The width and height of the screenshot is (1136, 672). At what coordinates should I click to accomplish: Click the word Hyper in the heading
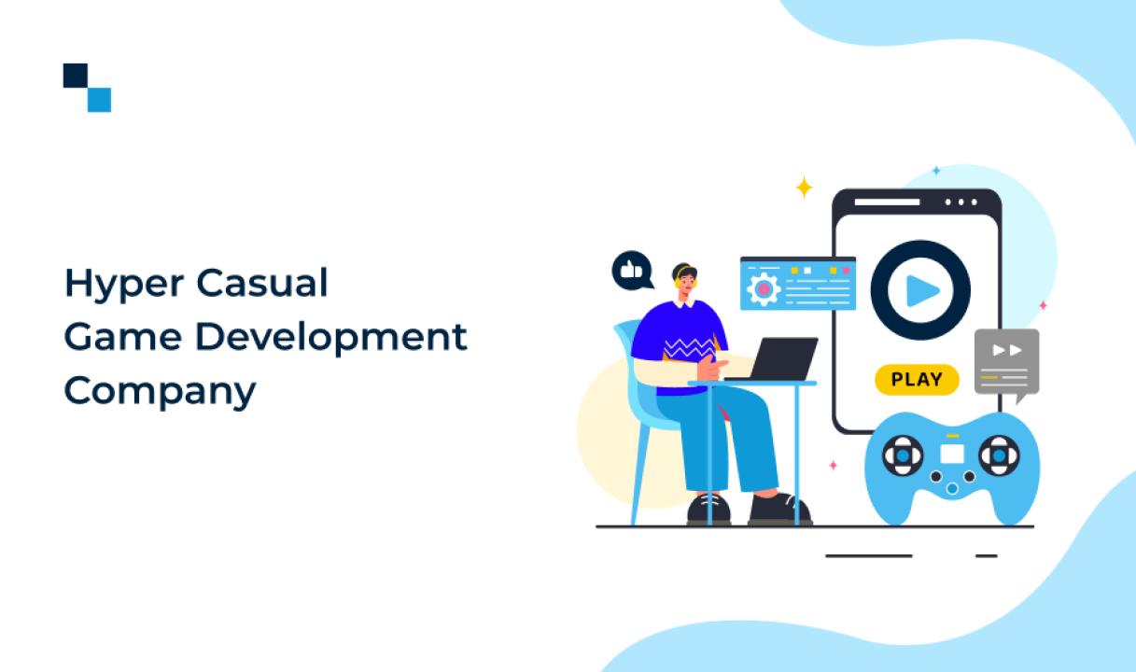point(124,285)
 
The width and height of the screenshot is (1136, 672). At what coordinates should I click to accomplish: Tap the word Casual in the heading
point(262,283)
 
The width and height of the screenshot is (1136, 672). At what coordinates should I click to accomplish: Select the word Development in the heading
point(331,336)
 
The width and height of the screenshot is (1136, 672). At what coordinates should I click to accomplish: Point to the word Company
point(161,392)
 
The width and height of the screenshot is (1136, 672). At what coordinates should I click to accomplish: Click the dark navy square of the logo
point(75,75)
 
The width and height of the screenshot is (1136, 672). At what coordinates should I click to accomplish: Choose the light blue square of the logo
point(99,100)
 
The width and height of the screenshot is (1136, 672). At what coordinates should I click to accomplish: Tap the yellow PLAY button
point(917,379)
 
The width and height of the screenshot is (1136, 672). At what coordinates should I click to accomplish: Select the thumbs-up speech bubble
point(632,271)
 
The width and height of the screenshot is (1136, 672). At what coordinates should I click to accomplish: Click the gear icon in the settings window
point(764,289)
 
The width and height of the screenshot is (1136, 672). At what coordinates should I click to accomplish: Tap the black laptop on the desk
point(776,359)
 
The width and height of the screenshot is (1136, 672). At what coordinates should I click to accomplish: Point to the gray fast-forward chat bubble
point(1006,364)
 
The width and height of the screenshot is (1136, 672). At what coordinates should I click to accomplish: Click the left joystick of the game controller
point(903,455)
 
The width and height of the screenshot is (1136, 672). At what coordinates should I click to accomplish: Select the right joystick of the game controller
point(999,455)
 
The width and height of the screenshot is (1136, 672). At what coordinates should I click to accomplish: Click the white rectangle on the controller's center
point(952,454)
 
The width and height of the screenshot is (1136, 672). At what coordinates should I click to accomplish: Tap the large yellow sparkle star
point(804,188)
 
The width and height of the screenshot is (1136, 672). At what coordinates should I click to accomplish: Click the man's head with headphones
point(684,280)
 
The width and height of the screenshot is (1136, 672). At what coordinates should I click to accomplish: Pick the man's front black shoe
point(779,509)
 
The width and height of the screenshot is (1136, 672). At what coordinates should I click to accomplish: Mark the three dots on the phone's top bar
point(961,203)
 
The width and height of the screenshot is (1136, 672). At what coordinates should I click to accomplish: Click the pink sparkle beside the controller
point(833,465)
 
